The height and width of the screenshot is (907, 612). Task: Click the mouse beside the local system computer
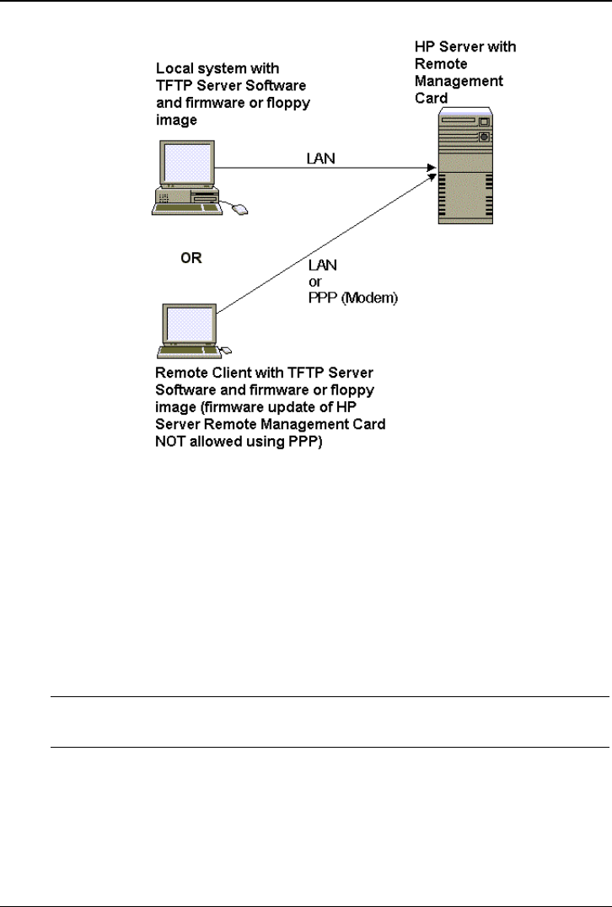click(241, 207)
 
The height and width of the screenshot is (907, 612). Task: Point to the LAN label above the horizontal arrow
click(319, 158)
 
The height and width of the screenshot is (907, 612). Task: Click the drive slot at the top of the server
click(459, 121)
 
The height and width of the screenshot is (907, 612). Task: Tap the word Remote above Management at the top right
click(442, 64)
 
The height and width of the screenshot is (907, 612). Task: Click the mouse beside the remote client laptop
click(225, 349)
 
